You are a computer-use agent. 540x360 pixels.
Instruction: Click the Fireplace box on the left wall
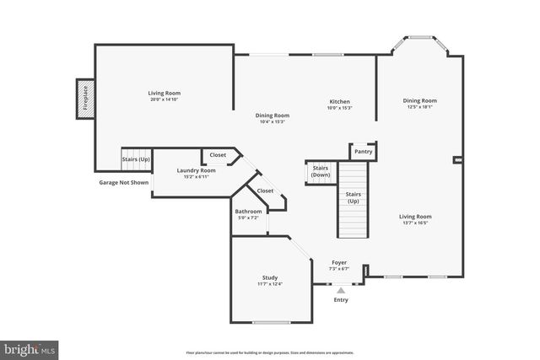coord(84,98)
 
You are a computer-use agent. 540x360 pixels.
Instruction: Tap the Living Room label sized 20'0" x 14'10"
coord(165,96)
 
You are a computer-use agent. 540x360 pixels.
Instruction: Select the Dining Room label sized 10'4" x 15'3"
coord(273,118)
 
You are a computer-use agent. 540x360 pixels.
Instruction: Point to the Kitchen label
coord(339,105)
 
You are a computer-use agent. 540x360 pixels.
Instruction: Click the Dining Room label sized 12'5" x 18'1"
coord(419,104)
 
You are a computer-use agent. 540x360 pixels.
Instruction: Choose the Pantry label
coord(363,152)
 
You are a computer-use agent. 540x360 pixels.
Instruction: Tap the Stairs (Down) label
coord(320,171)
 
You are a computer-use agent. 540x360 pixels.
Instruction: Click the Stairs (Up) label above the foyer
coord(354,198)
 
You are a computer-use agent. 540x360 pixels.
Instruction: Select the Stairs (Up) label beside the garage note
coord(136,159)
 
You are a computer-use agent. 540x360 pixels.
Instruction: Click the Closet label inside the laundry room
coord(218,155)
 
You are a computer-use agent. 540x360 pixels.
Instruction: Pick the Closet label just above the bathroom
coord(265,191)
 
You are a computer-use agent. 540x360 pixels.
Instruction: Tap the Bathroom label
coord(248,214)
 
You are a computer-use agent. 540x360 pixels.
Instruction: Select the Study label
coord(270,281)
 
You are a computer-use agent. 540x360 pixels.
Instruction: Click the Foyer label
coord(338,265)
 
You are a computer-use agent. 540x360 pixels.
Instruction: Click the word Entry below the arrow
coord(341,300)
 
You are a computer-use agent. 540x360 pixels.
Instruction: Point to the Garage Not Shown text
coord(123,182)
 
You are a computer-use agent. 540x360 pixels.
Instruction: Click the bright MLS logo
coord(30,348)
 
